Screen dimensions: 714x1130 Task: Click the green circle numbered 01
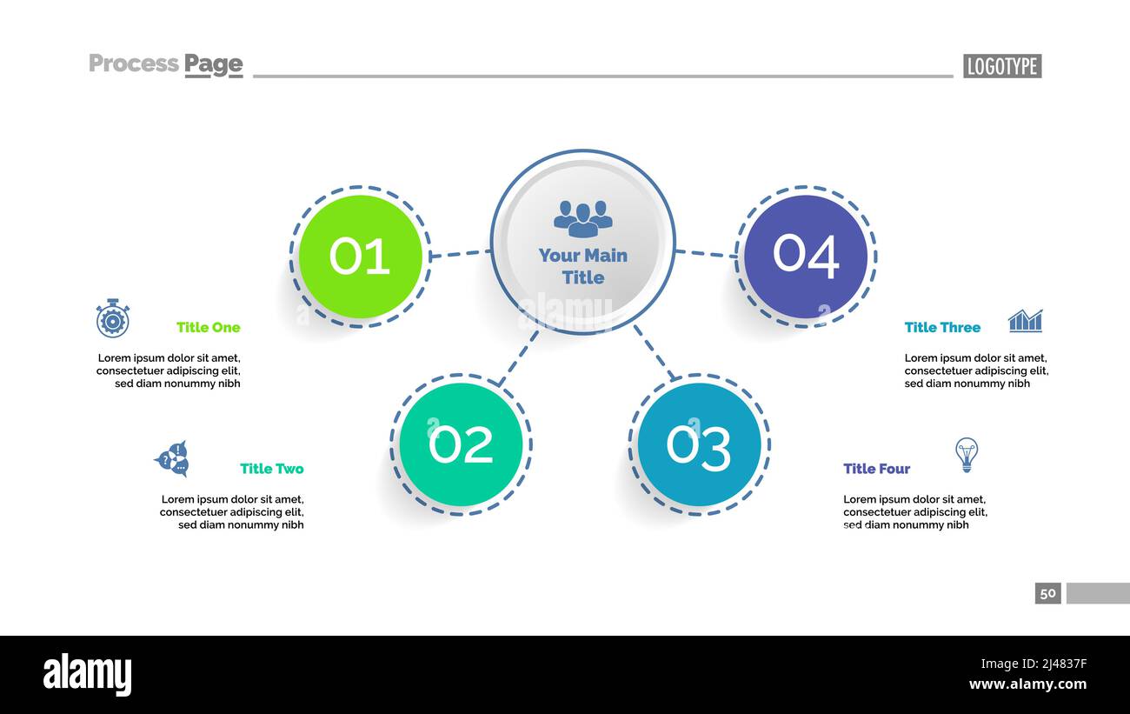point(360,257)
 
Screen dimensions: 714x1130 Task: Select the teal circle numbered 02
point(461,444)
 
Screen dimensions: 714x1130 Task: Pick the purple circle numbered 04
point(806,257)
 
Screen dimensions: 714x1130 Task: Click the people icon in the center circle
point(582,218)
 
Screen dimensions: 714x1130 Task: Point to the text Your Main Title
point(582,266)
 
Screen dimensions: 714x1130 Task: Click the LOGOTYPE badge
point(1001,66)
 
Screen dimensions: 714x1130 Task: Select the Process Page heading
point(165,64)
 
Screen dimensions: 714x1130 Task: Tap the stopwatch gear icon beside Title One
point(112,318)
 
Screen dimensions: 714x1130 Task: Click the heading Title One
point(208,327)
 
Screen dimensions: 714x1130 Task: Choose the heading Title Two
point(271,469)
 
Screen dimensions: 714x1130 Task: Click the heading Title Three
point(941,327)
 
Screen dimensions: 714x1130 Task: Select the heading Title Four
point(876,469)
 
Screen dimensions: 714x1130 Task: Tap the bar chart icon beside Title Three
point(1025,321)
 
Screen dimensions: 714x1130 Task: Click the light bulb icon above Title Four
point(966,454)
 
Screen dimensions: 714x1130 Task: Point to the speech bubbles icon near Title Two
point(171,458)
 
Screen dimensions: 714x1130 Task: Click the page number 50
point(1047,593)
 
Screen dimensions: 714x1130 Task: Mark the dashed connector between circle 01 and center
point(460,254)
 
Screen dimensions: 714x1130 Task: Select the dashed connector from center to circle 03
point(653,352)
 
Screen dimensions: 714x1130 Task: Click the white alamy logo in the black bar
point(87,675)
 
